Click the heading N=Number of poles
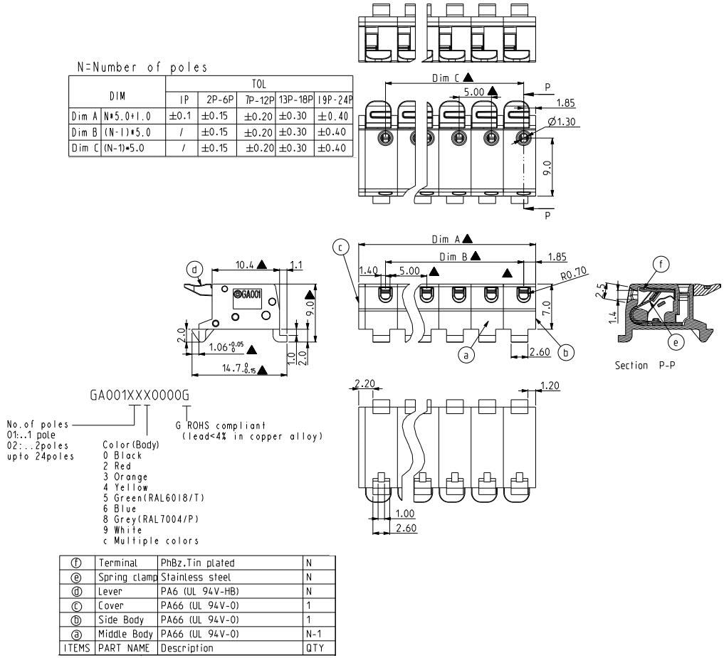point(142,68)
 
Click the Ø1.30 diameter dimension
point(562,122)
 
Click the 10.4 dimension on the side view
point(246,265)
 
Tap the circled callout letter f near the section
point(663,264)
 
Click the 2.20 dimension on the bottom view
point(364,384)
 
